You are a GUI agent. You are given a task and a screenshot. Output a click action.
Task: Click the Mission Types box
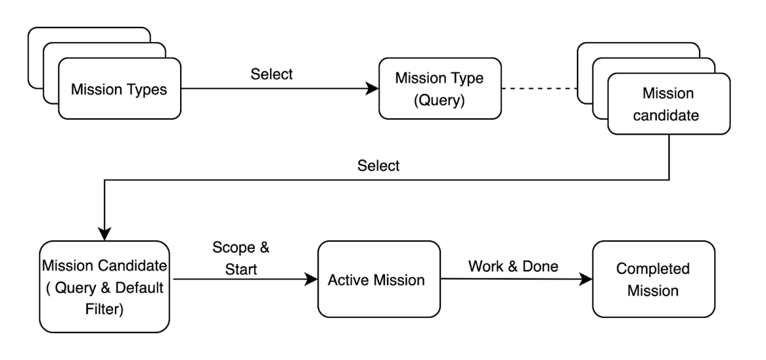[119, 89]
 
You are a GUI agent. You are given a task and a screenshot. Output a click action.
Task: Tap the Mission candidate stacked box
[668, 103]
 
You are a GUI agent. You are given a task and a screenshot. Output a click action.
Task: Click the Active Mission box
[379, 280]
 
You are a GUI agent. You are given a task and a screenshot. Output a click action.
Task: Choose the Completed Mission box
[652, 279]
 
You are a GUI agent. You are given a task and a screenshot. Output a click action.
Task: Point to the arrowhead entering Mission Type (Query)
[372, 89]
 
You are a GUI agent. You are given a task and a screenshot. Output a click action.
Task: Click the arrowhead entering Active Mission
[312, 280]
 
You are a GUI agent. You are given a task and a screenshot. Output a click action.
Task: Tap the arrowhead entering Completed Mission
[585, 279]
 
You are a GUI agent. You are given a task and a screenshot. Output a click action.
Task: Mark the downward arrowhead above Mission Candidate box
[104, 234]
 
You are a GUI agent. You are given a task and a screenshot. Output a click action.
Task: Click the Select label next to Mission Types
[272, 74]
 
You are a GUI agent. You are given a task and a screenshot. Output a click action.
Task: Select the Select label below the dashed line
[379, 166]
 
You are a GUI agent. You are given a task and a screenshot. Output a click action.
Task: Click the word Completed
[652, 269]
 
